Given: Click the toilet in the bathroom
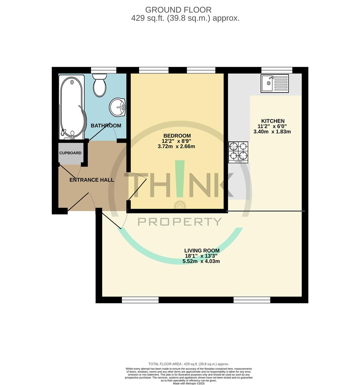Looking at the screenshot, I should pos(99,86).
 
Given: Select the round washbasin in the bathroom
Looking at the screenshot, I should pos(117,107).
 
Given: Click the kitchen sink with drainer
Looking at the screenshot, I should pos(274,83).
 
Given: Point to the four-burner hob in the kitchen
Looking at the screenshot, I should pos(238,152).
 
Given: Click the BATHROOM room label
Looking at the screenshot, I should pos(106,125).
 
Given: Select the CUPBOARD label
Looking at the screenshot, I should pos(70,153).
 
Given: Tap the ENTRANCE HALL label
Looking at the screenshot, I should pos(92,180).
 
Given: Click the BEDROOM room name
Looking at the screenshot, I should pos(177,136).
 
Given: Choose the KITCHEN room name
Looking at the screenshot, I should pos(273,121).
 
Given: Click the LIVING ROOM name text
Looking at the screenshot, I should pos(202,251).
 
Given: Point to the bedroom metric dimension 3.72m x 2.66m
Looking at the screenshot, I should pos(177,147).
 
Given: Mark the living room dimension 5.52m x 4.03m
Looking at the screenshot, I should pos(202,261).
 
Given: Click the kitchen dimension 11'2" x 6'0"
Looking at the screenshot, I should pos(272,126).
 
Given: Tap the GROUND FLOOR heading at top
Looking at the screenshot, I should pos(178,10).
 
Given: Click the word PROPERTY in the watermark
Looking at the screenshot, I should pos(180,222).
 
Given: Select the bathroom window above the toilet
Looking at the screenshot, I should pos(103,70).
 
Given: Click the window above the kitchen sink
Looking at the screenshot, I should pos(277,70).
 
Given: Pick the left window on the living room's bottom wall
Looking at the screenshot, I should pos(140,300).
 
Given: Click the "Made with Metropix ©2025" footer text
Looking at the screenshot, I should pos(189,383).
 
